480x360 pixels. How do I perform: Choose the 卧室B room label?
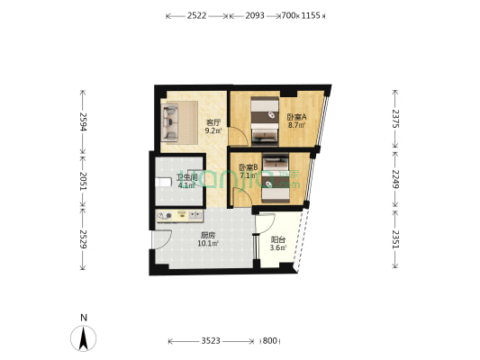[x=248, y=166]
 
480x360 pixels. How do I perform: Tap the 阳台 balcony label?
[x=278, y=239]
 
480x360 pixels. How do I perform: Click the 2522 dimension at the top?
[x=197, y=16]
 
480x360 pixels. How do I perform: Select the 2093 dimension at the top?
[x=252, y=16]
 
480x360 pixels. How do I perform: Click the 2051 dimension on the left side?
[x=83, y=178]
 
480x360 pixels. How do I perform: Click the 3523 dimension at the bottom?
[x=211, y=341]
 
